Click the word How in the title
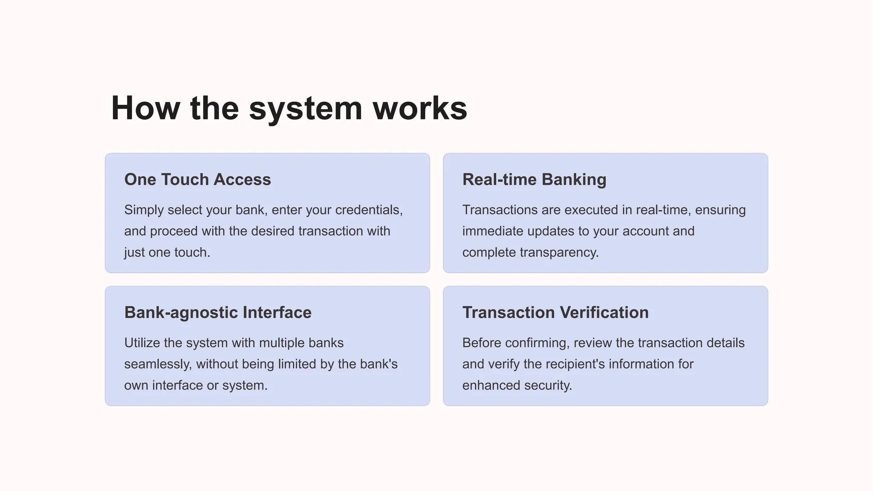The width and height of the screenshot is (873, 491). coord(145,108)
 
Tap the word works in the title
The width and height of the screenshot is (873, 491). coord(420,108)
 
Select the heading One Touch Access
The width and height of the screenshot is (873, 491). coord(197,179)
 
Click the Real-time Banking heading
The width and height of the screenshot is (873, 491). coord(534,179)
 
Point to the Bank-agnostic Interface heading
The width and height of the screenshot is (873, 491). coord(218,312)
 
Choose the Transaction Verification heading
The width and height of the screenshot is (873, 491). coord(555,312)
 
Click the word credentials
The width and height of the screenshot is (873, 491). coord(369,210)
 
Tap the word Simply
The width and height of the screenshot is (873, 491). coord(144,210)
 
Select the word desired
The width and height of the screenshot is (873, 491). coord(273,231)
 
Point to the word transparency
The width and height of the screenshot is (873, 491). coord(559,252)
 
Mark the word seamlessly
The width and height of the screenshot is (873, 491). coord(158,364)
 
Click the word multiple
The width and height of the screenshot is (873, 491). coord(282,343)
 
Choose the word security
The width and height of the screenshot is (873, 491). coord(548,385)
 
